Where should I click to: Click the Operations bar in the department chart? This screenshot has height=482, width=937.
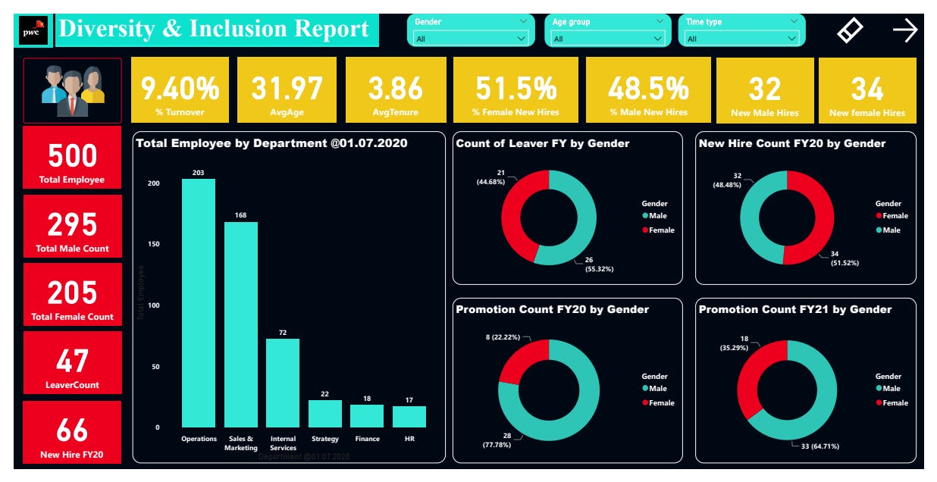point(198,303)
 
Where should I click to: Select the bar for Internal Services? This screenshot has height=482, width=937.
point(282,383)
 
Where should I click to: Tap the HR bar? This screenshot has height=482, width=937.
point(409,417)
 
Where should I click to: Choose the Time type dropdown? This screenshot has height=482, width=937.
point(741,38)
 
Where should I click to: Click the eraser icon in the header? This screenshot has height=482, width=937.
point(850,30)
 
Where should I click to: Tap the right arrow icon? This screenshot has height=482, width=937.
point(904,30)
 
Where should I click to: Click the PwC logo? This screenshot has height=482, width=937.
point(33,31)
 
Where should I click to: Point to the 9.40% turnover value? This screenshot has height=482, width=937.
point(180,89)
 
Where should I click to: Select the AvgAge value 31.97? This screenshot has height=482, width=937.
point(287,89)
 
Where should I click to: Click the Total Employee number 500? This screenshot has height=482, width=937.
point(72,156)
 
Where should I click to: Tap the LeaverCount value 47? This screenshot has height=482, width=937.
point(72,361)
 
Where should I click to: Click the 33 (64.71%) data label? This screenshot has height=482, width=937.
point(817,446)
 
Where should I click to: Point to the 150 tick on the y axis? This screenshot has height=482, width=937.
point(152,245)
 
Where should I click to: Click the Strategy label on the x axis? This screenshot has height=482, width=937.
point(324,439)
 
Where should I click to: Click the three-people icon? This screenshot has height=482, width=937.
point(72,89)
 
